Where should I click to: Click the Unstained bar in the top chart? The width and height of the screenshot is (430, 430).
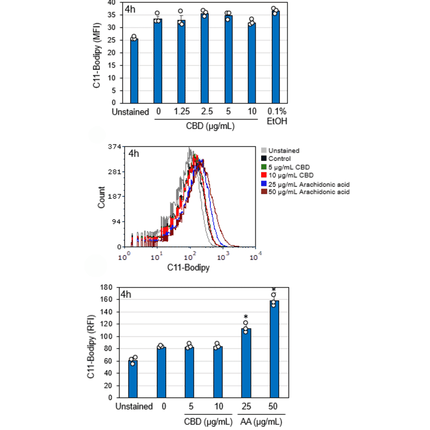(134, 71)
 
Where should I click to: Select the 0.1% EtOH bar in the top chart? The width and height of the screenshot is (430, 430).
(275, 57)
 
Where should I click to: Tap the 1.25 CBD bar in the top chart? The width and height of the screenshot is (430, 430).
(181, 61)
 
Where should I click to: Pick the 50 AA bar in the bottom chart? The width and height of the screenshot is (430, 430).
(274, 349)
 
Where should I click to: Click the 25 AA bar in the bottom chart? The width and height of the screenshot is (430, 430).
(245, 363)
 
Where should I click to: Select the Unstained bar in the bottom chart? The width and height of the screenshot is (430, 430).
(133, 379)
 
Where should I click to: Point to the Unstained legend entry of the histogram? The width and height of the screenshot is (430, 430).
(284, 150)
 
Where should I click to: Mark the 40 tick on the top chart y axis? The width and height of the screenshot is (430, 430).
(112, 3)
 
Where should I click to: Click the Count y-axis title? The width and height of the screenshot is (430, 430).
(102, 197)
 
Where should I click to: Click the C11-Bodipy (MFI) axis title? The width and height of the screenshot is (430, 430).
(96, 53)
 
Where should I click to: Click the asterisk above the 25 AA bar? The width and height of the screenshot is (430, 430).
(245, 317)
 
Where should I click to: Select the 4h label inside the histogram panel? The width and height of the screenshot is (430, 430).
(134, 153)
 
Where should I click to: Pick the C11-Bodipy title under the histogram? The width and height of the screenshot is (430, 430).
(189, 268)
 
